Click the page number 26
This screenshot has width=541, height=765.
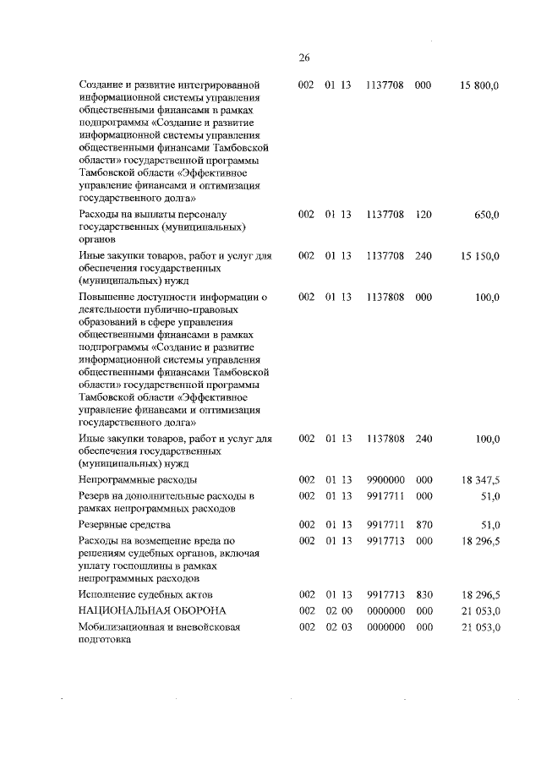304,57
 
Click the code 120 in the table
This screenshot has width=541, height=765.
424,216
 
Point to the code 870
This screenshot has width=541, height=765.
424,525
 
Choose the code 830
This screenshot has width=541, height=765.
424,595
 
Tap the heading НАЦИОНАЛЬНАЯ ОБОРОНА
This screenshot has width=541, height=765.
141,610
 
